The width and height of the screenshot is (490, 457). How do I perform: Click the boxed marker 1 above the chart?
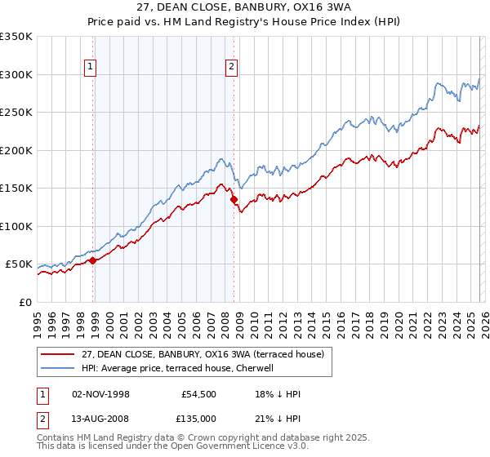(90, 68)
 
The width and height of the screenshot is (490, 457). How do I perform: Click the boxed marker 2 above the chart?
(232, 68)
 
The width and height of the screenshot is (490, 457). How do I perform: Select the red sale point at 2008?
(234, 199)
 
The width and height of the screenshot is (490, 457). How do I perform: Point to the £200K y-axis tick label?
(16, 150)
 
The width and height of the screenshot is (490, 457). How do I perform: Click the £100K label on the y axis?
(16, 226)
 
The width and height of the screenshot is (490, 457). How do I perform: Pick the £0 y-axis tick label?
(24, 302)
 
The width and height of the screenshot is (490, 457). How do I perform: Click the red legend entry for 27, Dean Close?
(203, 354)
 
